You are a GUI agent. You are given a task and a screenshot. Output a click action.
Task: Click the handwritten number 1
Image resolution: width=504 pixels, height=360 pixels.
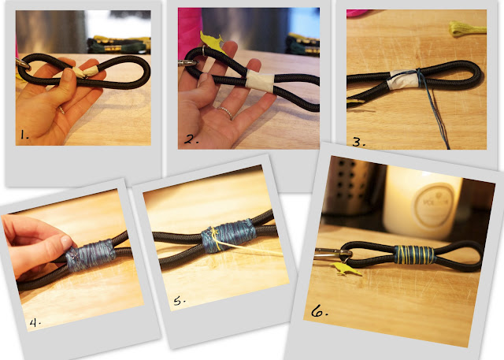(24, 135)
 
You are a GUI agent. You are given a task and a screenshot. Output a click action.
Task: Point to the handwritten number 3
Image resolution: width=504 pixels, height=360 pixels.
(358, 142)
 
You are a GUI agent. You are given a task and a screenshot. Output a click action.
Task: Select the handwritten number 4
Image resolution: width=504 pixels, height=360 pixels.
(35, 322)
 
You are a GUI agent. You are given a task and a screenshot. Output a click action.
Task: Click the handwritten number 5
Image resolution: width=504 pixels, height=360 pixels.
(180, 301)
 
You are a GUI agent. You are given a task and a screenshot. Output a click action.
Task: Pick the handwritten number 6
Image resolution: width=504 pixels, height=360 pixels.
(319, 311)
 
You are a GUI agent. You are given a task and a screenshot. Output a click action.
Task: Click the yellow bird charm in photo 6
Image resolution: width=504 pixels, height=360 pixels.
(346, 269)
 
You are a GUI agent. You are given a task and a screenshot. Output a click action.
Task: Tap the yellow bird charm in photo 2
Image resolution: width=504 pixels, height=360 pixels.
(212, 42)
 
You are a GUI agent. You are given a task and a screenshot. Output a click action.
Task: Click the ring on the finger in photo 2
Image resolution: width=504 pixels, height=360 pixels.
(225, 112)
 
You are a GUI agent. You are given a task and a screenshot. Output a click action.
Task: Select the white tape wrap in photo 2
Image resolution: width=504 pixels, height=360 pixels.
(261, 82)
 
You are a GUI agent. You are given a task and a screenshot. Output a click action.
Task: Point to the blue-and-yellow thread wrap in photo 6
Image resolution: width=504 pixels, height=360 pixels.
(414, 255)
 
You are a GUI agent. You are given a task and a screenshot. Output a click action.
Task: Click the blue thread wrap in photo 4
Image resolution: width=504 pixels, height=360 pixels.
(91, 255)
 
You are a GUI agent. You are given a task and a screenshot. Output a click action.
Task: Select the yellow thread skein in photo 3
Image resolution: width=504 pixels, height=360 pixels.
(467, 28)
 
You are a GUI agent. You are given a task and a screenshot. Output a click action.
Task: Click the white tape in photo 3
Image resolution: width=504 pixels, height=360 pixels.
(403, 80)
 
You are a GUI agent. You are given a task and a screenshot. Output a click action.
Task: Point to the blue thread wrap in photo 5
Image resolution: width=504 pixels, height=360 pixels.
(229, 235)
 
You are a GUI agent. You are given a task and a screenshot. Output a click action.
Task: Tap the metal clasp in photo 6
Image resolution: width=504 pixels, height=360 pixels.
(328, 254)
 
